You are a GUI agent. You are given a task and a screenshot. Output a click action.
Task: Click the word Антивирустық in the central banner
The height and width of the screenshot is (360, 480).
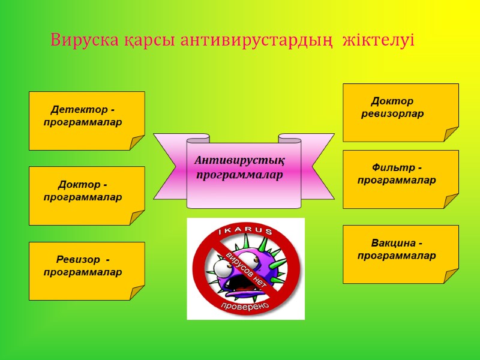click(239, 161)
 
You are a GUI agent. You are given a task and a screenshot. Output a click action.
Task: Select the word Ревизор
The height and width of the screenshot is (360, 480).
click(78, 260)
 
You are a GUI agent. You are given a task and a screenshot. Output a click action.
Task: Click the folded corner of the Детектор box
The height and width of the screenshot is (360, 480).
click(137, 143)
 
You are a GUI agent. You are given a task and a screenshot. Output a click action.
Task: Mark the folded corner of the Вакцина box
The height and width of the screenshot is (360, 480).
click(451, 276)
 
